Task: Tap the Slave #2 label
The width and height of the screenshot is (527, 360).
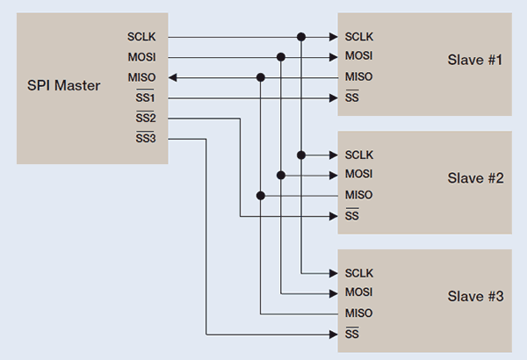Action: (473, 177)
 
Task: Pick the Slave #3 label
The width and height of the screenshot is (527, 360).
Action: (473, 296)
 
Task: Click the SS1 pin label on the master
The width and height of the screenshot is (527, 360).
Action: (145, 97)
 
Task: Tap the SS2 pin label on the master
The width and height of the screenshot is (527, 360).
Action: (145, 118)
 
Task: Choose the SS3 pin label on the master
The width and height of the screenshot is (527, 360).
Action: (145, 138)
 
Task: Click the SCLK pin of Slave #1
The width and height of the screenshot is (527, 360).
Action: (360, 37)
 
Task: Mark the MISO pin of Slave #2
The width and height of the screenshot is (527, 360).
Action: (359, 195)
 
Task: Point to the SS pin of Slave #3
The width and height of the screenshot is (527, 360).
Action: (351, 335)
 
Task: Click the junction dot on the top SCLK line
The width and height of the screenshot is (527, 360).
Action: (301, 37)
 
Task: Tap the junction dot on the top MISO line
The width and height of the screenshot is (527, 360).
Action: (261, 77)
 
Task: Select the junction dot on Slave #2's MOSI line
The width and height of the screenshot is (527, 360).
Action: (281, 175)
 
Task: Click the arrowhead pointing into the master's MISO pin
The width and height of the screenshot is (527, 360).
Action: (173, 77)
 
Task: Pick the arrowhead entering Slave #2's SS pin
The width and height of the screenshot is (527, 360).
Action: (332, 215)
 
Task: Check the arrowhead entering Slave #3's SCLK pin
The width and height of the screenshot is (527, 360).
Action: (332, 273)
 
